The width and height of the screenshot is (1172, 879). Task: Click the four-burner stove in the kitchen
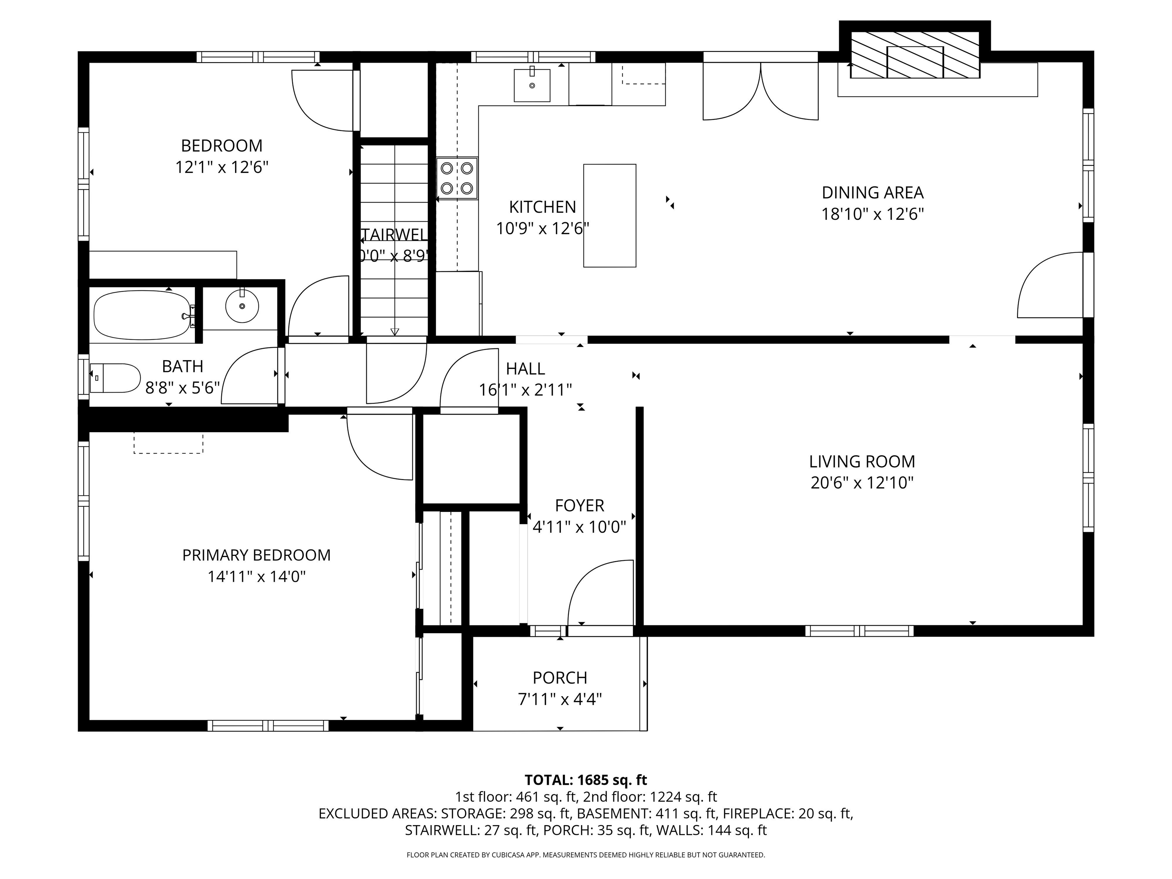pyautogui.click(x=457, y=178)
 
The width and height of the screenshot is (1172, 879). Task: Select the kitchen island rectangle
pyautogui.click(x=609, y=215)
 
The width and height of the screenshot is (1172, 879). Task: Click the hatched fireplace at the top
pyautogui.click(x=914, y=55)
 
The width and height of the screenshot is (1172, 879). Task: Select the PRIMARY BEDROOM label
pyautogui.click(x=256, y=555)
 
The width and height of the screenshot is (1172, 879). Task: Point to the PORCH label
pyautogui.click(x=560, y=678)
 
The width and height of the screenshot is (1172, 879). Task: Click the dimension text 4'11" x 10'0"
pyautogui.click(x=579, y=527)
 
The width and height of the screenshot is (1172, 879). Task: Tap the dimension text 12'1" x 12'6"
pyautogui.click(x=222, y=167)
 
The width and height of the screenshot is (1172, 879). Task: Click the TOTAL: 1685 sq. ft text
pyautogui.click(x=586, y=780)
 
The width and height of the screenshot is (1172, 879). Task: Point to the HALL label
pyautogui.click(x=525, y=368)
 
